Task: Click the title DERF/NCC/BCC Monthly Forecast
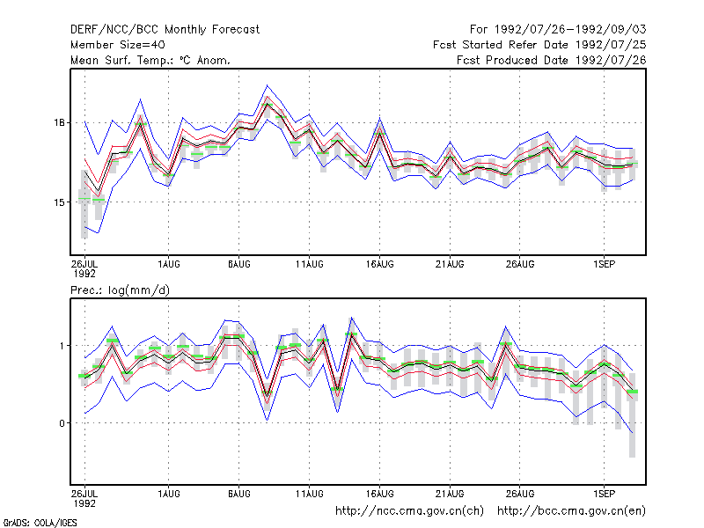coord(165,30)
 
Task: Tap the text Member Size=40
coord(118,45)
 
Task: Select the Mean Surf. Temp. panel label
coord(150,60)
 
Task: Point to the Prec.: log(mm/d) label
coord(120,290)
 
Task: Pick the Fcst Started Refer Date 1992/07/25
coord(539,45)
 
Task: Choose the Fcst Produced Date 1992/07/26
coord(552,60)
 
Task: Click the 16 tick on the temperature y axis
coord(59,122)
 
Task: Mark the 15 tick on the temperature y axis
coord(59,202)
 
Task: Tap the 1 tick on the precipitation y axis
coord(62,346)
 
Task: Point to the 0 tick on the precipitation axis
coord(62,423)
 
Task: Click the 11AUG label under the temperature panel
coord(310,264)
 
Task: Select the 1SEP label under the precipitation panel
coord(604,494)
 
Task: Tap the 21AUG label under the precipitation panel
coord(450,494)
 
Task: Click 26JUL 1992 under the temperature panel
coord(84,268)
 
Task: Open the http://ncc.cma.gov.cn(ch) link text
coord(409,511)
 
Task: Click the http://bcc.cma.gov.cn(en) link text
coord(571,511)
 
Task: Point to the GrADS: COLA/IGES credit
coord(40,523)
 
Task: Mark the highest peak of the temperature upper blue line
coord(267,84)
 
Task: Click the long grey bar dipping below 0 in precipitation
coord(632,415)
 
